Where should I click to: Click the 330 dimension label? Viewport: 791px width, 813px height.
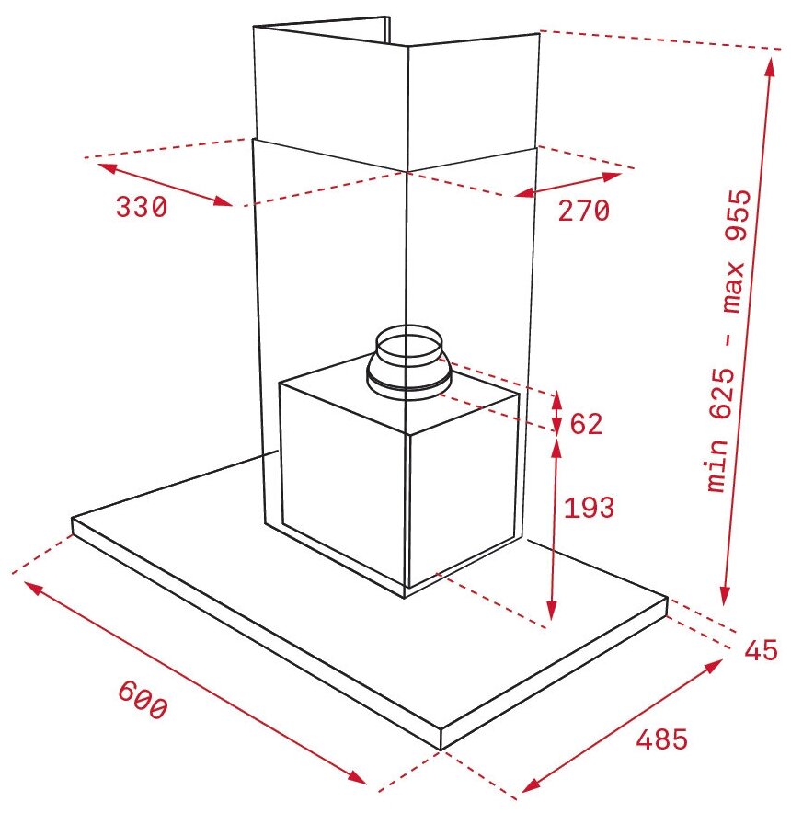(141, 207)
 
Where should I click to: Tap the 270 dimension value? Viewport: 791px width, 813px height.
(583, 211)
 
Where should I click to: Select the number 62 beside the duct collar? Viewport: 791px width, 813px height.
(586, 424)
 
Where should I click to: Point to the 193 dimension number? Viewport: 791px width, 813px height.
(589, 508)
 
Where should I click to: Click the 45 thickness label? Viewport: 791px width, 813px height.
(761, 649)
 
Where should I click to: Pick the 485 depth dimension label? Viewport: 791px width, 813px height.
(662, 739)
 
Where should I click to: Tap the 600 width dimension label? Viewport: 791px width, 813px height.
(143, 700)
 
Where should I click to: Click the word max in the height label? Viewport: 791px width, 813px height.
(733, 288)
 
